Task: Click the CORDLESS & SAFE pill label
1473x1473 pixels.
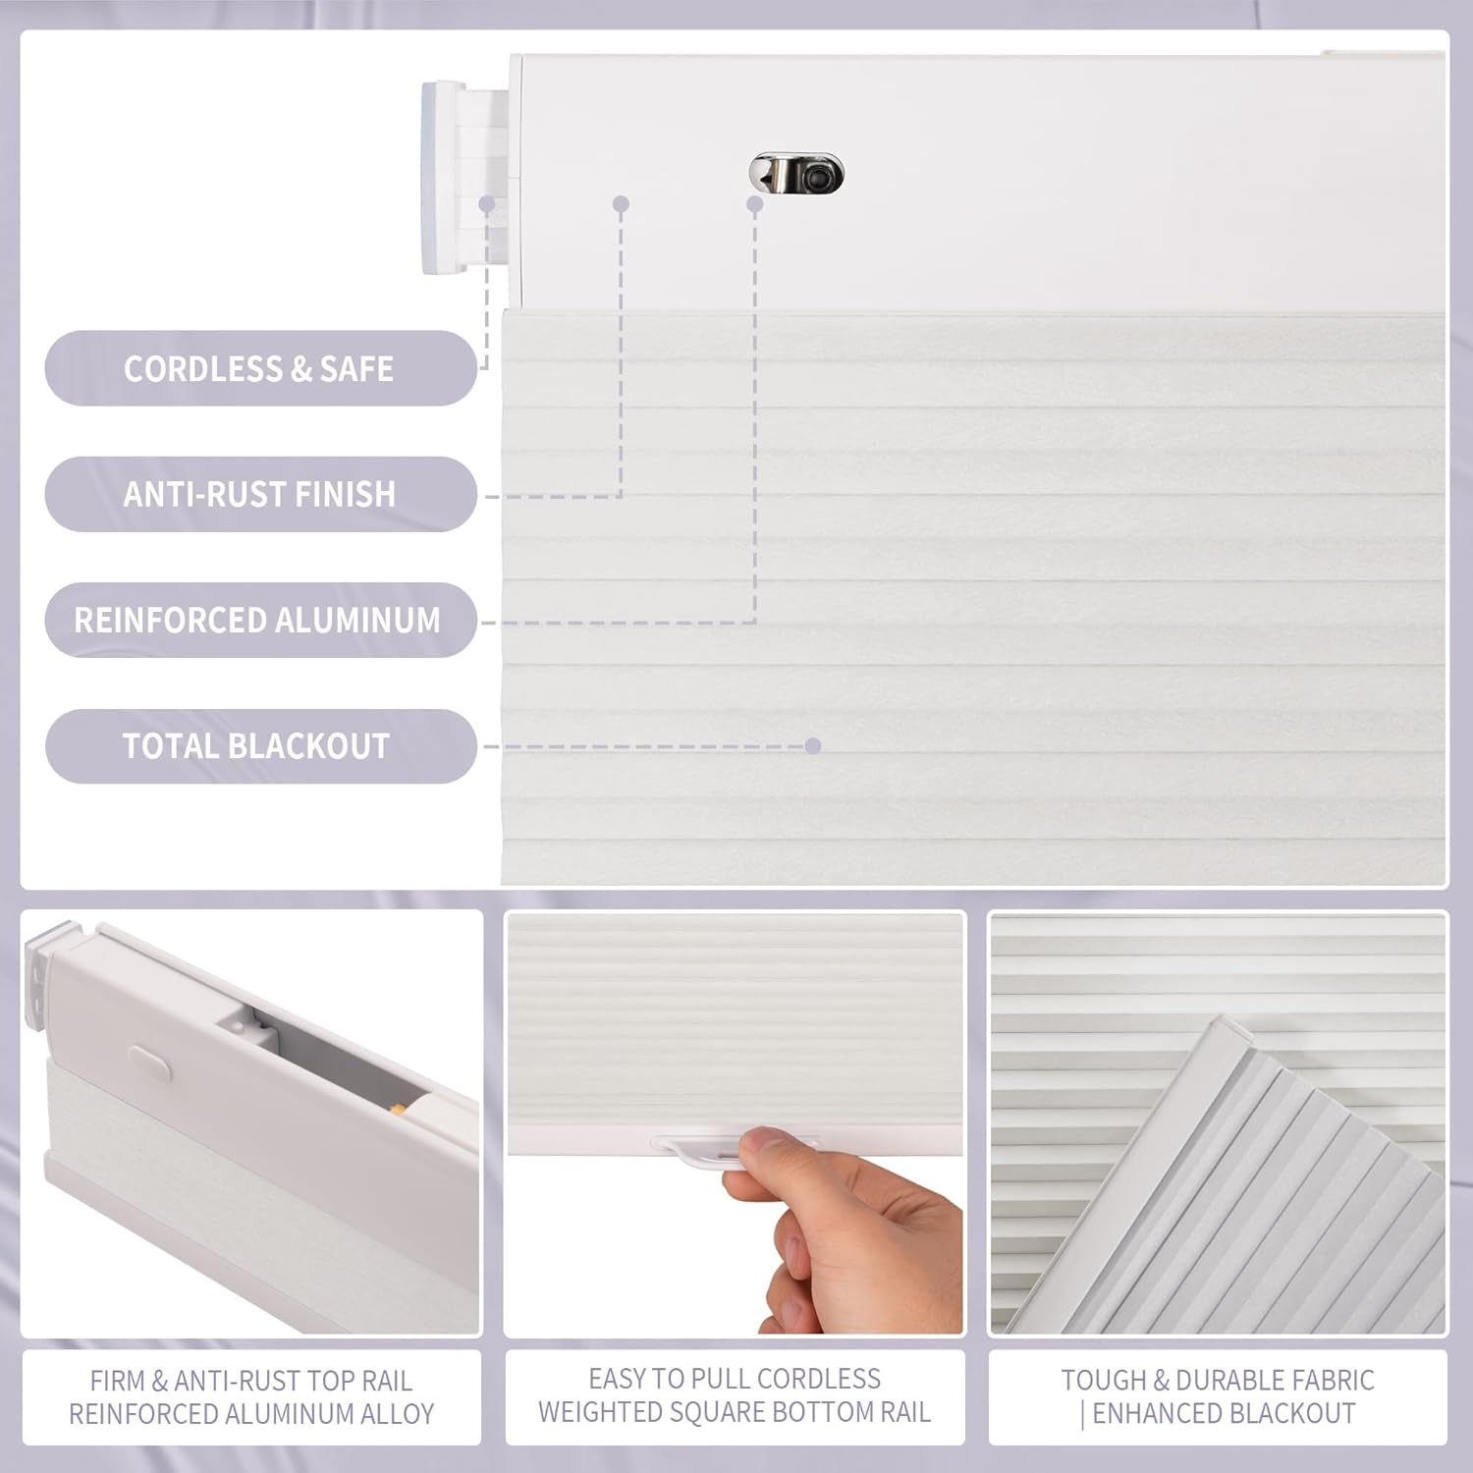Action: pyautogui.click(x=259, y=368)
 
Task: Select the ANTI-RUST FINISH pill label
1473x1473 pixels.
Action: pyautogui.click(x=259, y=494)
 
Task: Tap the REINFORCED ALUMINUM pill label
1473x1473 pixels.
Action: pyautogui.click(x=258, y=620)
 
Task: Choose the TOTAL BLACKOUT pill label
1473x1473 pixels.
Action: pyautogui.click(x=257, y=746)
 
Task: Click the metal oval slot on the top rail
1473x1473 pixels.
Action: pyautogui.click(x=795, y=174)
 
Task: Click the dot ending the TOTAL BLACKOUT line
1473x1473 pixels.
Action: pyautogui.click(x=812, y=746)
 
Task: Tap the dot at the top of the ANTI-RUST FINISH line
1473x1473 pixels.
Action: pyautogui.click(x=621, y=204)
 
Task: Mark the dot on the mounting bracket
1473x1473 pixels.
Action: pyautogui.click(x=486, y=204)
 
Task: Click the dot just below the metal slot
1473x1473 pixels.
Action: pyautogui.click(x=754, y=204)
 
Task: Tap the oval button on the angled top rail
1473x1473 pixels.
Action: pyautogui.click(x=150, y=1064)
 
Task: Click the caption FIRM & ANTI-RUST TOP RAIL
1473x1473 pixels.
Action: pyautogui.click(x=251, y=1381)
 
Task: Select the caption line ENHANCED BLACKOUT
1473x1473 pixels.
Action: pyautogui.click(x=1224, y=1413)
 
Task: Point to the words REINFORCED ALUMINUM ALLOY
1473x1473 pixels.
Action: pyautogui.click(x=251, y=1414)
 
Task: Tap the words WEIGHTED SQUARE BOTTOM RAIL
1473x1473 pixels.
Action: pyautogui.click(x=735, y=1412)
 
